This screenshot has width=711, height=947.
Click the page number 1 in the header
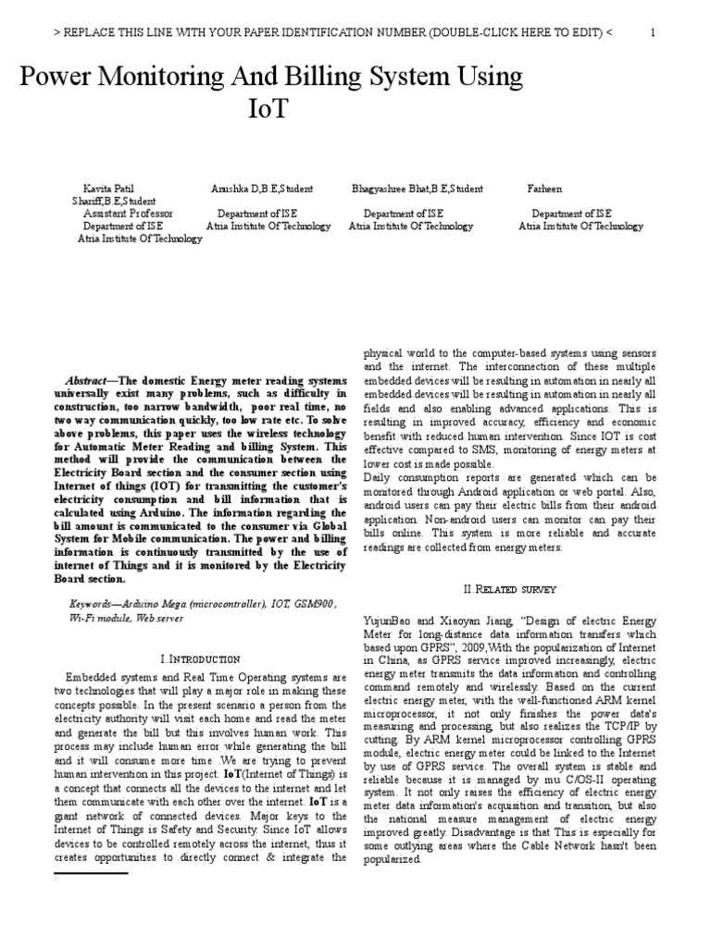pos(653,33)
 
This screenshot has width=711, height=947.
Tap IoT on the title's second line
pos(268,108)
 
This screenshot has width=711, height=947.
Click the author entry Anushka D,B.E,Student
pos(261,189)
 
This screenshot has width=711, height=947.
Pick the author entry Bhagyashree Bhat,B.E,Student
pos(417,189)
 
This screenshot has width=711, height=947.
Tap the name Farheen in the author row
pos(571,189)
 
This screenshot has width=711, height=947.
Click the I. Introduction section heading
pos(201,658)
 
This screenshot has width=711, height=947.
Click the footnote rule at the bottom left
pos(90,871)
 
